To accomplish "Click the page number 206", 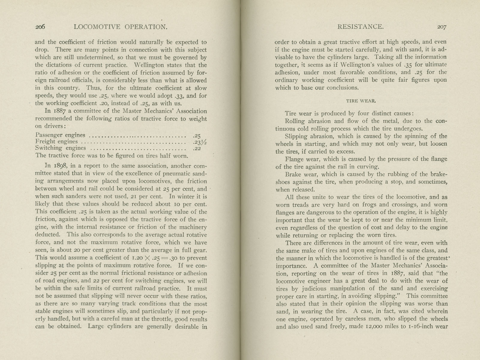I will click(40, 27).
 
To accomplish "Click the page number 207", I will click(442, 27).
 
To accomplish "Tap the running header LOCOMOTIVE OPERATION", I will click(120, 27).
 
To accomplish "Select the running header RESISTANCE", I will click(361, 27).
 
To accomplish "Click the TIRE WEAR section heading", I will click(361, 101).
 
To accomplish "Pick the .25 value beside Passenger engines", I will click(197, 135).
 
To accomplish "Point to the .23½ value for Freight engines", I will click(199, 142).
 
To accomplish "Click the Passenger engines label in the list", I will click(60, 135).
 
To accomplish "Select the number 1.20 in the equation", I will click(139, 258).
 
